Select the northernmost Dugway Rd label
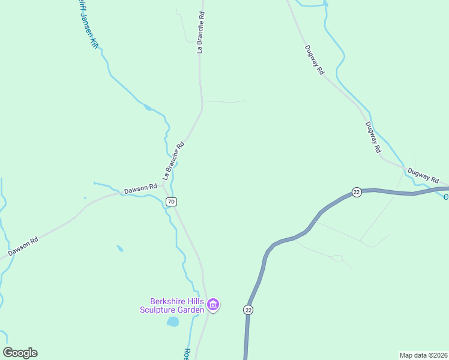314,59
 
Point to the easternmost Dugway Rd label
424,175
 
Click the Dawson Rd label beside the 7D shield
140,190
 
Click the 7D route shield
171,202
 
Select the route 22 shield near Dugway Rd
357,192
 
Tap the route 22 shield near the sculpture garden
249,310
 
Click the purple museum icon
213,305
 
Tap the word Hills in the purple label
196,301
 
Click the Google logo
20,353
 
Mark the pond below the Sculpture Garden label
173,322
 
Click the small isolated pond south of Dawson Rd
120,248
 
